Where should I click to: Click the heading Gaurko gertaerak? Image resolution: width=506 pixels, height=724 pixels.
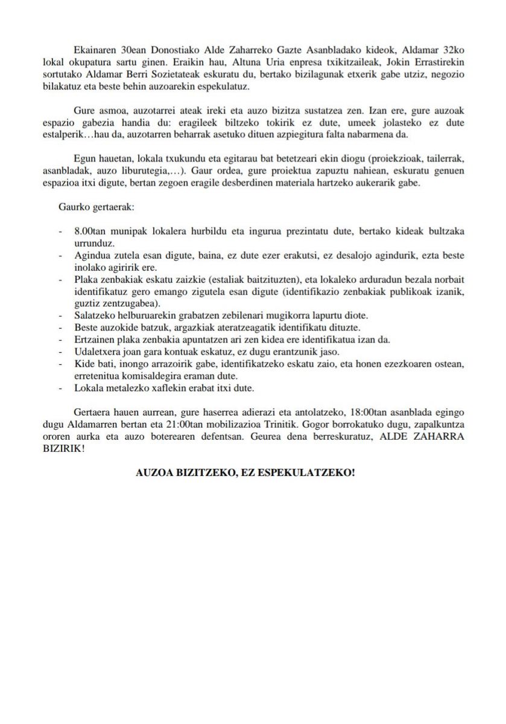pos(97,207)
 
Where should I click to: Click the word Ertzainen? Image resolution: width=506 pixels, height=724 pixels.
pos(94,339)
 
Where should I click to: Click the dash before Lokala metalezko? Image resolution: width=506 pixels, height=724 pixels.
pos(60,387)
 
